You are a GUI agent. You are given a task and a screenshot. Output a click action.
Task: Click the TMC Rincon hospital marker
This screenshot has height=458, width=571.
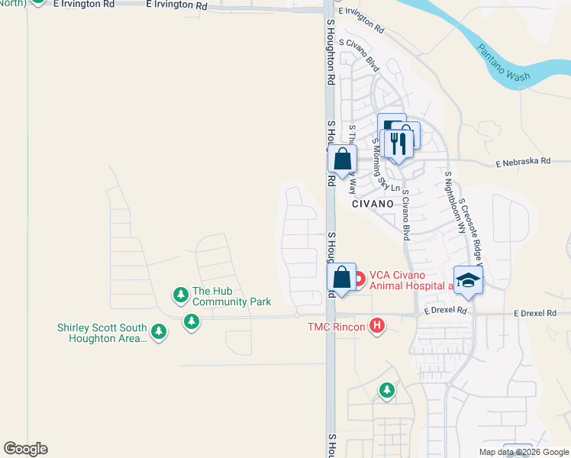tap(376, 327)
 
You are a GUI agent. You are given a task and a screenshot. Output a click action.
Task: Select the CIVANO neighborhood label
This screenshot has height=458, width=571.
tap(373, 205)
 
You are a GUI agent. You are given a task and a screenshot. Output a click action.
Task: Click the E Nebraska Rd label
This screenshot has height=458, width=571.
tap(523, 162)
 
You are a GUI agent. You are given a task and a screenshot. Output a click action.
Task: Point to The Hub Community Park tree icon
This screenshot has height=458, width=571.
tap(180, 295)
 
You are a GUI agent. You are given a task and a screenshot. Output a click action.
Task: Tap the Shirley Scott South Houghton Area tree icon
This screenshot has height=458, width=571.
tap(159, 331)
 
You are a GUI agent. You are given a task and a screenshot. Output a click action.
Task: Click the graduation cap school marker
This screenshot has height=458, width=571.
tap(468, 279)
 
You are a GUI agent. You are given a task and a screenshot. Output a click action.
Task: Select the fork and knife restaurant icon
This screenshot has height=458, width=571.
tap(398, 143)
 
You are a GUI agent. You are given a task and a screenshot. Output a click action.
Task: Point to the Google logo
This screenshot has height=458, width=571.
tap(25, 449)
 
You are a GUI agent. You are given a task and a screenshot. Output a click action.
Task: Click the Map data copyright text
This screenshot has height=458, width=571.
tap(524, 452)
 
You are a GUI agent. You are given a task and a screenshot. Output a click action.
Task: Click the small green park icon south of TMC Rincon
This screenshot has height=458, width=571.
tap(387, 391)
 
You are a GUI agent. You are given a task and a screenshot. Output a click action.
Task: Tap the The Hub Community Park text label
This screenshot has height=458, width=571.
tap(231, 296)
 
